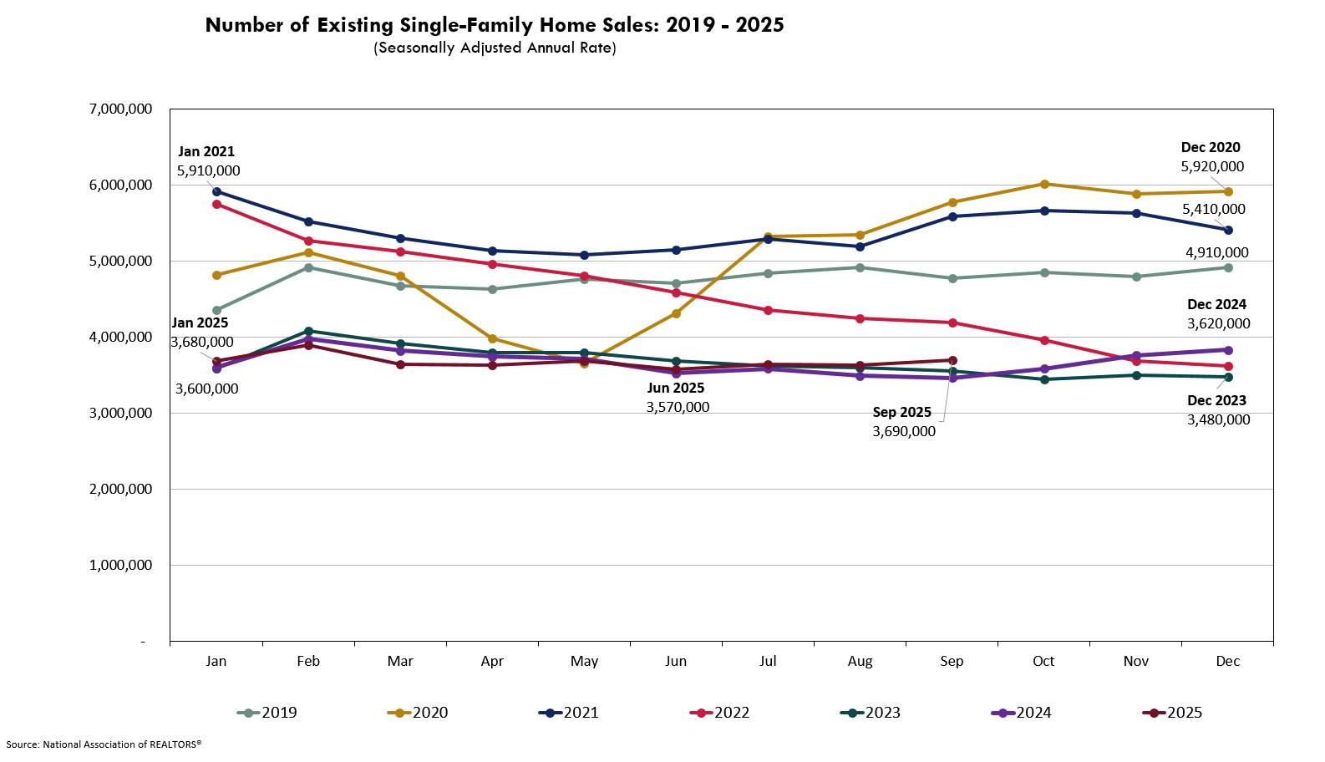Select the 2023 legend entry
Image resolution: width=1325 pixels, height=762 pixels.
pyautogui.click(x=871, y=713)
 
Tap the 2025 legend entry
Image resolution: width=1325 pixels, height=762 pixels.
pyautogui.click(x=1172, y=713)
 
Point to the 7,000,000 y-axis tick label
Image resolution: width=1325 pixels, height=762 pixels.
pyautogui.click(x=120, y=109)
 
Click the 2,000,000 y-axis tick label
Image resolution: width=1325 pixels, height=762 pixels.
pyautogui.click(x=120, y=489)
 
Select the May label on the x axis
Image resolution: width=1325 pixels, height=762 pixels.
pyautogui.click(x=584, y=661)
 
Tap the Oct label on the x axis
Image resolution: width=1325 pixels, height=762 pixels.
pyautogui.click(x=1043, y=661)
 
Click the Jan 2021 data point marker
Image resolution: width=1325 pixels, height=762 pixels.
pyautogui.click(x=217, y=191)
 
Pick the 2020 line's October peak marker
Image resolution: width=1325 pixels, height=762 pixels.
pyautogui.click(x=1044, y=184)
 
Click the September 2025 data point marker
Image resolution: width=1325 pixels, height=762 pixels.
pyautogui.click(x=952, y=360)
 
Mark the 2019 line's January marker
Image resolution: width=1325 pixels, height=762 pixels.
pyautogui.click(x=217, y=310)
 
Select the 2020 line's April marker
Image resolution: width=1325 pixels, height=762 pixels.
pyautogui.click(x=492, y=338)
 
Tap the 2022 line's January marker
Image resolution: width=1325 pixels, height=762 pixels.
pyautogui.click(x=217, y=204)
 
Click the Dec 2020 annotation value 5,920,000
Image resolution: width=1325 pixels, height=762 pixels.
pyautogui.click(x=1212, y=166)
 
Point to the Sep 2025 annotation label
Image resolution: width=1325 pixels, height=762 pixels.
pyautogui.click(x=901, y=412)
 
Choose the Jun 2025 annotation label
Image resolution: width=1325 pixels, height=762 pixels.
pyautogui.click(x=675, y=388)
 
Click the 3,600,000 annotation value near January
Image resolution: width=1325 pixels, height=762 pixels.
pyautogui.click(x=206, y=389)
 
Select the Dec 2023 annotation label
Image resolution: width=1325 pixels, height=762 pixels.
pyautogui.click(x=1216, y=400)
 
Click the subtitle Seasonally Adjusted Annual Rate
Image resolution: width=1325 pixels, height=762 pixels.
pyautogui.click(x=495, y=48)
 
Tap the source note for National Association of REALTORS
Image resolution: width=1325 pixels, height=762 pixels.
pyautogui.click(x=104, y=744)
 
